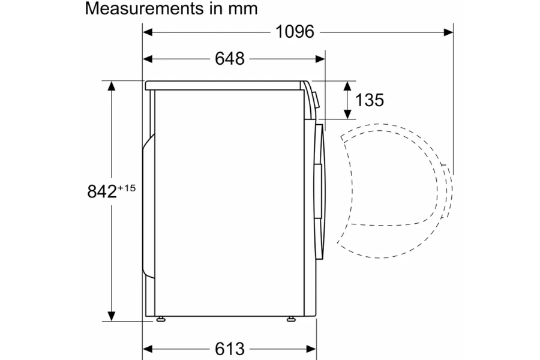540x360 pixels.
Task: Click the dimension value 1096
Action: coord(295,32)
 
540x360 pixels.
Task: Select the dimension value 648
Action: coord(230,59)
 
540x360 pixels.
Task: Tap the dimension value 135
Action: coord(369,100)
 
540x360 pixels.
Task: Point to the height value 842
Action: coord(102,191)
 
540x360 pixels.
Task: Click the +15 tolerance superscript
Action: coord(127,188)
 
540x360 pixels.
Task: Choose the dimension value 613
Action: coord(230,349)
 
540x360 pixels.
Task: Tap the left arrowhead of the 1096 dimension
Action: coord(148,32)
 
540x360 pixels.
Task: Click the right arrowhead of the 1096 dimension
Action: coord(448,32)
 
